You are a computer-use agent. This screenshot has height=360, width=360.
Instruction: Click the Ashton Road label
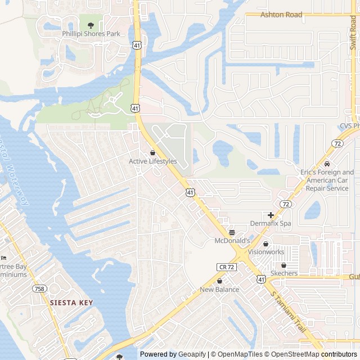281,15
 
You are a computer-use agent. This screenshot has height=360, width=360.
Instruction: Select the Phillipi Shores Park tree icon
91,25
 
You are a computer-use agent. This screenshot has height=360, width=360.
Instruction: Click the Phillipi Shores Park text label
91,34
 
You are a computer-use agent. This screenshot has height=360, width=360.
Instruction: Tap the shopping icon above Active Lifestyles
152,152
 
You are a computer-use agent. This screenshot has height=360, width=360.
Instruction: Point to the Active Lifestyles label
152,161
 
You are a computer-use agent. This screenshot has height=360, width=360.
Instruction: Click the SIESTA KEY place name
71,302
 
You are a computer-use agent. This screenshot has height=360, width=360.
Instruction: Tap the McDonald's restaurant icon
232,232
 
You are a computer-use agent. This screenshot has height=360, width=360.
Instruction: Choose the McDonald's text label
232,241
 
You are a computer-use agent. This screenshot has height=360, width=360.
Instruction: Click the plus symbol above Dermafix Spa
271,215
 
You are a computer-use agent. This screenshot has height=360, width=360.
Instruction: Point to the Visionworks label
266,252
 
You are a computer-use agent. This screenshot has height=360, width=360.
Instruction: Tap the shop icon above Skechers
283,265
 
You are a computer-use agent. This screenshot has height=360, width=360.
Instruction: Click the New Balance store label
219,290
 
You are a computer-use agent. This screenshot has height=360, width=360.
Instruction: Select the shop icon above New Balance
219,281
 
